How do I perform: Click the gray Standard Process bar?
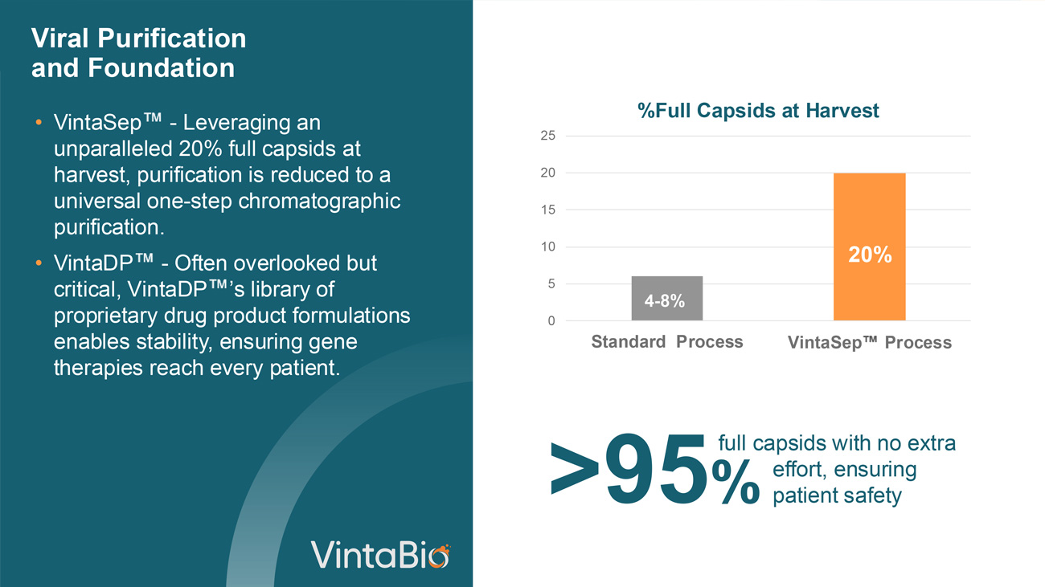coord(667,298)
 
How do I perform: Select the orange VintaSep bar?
coord(870,247)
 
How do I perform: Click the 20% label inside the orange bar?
coord(870,255)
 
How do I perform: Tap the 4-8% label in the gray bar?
coord(665,301)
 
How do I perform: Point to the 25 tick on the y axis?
coord(548,136)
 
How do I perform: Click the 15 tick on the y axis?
coord(548,210)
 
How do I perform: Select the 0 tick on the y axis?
coord(551,320)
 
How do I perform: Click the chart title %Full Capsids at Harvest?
coord(758,111)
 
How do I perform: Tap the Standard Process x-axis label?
coord(667,341)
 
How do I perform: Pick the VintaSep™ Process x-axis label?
coord(870,342)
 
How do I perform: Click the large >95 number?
coord(628,469)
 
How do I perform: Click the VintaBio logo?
coord(380,555)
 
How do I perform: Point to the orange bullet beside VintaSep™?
coord(39,123)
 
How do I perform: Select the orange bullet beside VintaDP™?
coord(39,263)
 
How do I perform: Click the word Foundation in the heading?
coord(161,68)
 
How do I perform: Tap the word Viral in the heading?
coord(60,39)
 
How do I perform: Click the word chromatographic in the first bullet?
coord(319,202)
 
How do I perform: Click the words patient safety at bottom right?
coord(837,495)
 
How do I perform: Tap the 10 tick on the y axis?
coord(548,247)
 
